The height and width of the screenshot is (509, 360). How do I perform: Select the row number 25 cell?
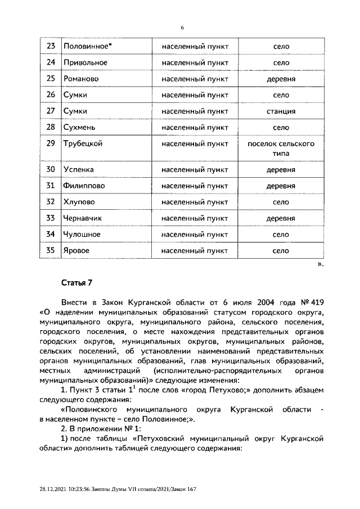pos(51,79)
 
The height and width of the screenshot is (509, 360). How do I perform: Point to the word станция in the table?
pos(281,111)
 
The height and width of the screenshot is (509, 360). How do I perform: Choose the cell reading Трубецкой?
pos(83,144)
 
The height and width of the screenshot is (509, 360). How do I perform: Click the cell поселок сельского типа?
pos(281,148)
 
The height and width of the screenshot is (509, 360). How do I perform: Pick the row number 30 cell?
pos(51,169)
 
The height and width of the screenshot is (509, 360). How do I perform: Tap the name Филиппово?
pos(84,186)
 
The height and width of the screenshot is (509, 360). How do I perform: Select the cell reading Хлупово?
pos(79,202)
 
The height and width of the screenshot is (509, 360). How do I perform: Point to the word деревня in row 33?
pos(281,218)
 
